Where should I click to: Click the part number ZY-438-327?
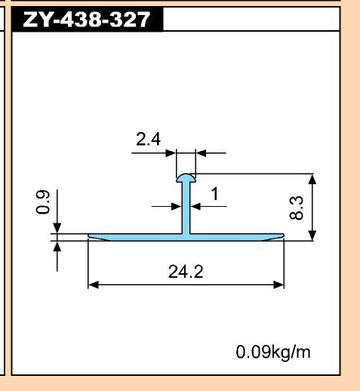pyautogui.click(x=87, y=20)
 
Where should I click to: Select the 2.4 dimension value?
pyautogui.click(x=148, y=139)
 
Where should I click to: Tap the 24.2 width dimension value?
pyautogui.click(x=186, y=272)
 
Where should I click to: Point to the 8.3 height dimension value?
pyautogui.click(x=297, y=208)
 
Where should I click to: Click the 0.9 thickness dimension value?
pyautogui.click(x=43, y=202)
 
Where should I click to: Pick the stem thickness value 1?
pyautogui.click(x=214, y=194)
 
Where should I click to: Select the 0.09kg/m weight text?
pyautogui.click(x=273, y=352)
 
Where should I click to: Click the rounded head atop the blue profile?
pyautogui.click(x=186, y=177)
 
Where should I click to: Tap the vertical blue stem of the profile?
pyautogui.click(x=186, y=208)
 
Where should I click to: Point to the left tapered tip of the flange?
pyautogui.click(x=88, y=236)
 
